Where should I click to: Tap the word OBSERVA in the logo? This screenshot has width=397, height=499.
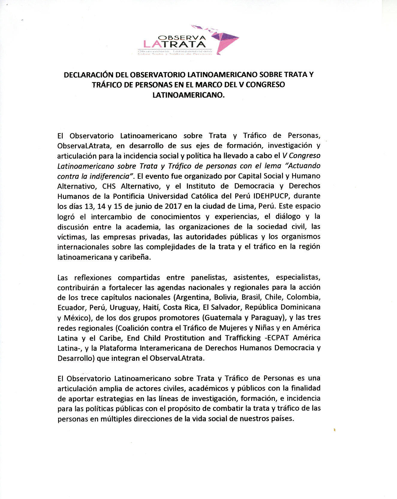pyautogui.click(x=182, y=38)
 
